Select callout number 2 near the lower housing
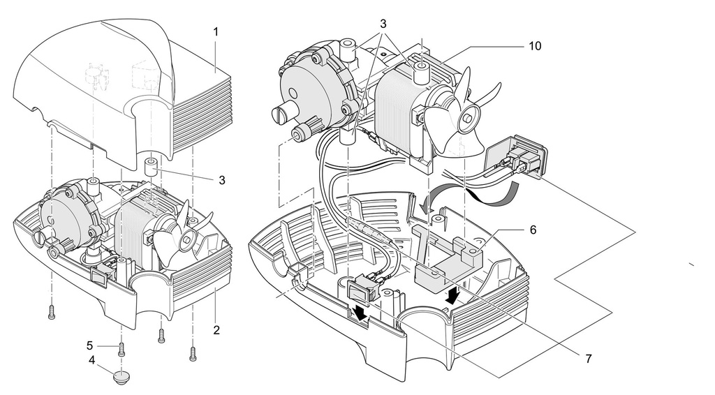click(x=216, y=328)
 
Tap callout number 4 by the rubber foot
click(x=92, y=362)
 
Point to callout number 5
click(x=91, y=345)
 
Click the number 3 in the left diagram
click(x=222, y=179)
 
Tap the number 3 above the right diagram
click(x=383, y=23)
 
